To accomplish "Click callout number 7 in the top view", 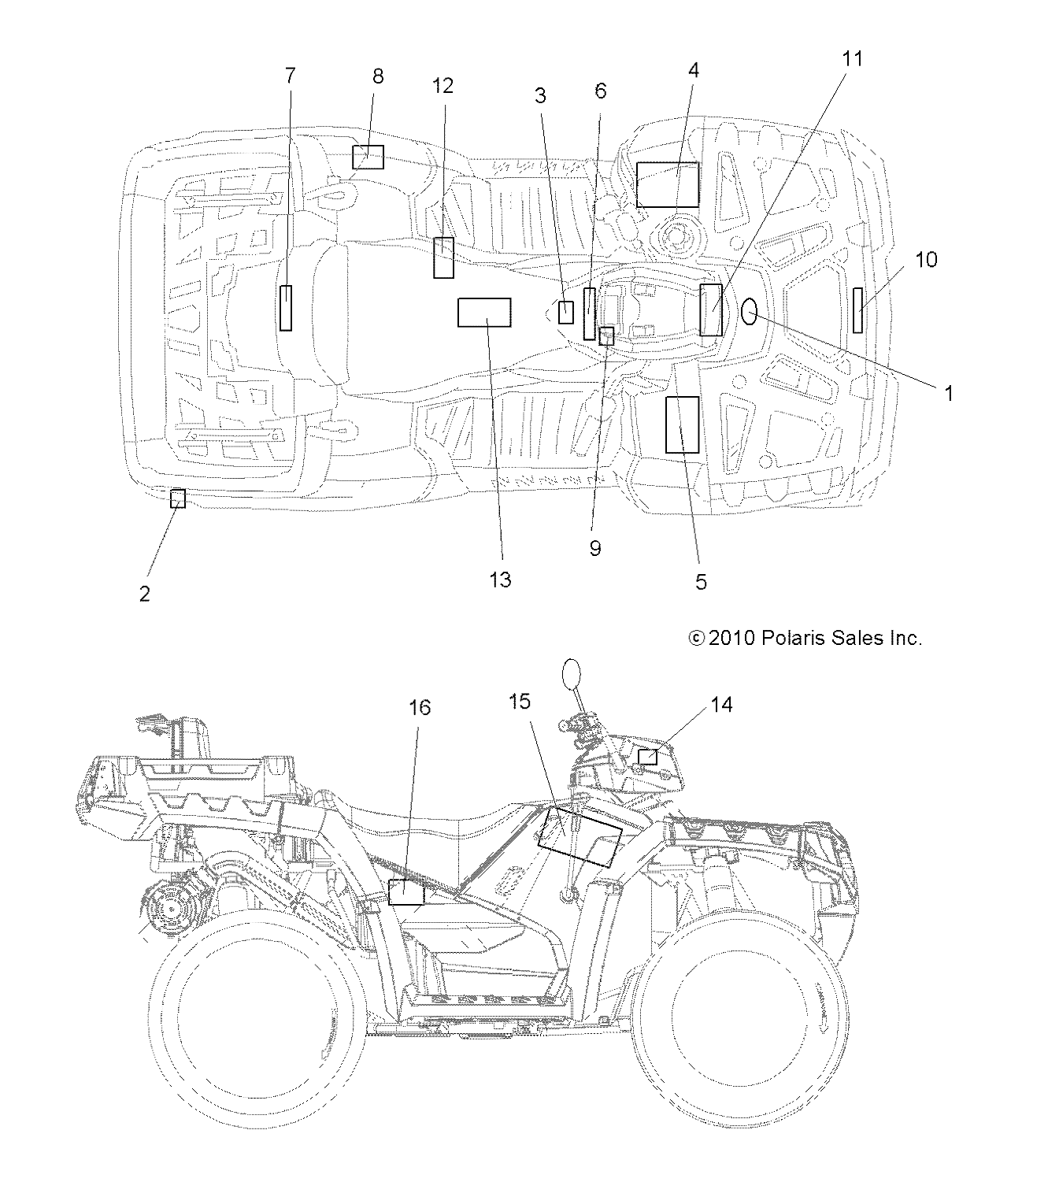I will pos(291,76).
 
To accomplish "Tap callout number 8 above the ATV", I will pos(378,76).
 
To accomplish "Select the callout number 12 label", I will pos(443,86).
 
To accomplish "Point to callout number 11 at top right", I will pos(853,59).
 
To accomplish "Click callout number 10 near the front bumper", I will pos(926,259).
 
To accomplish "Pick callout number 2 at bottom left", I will pos(145,594).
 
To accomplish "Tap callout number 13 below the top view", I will pos(500,580).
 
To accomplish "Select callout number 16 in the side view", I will pos(420,708).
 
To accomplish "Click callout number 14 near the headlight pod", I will pos(721,705).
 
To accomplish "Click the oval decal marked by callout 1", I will pos(750,312).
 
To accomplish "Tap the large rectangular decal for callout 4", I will pos(667,185).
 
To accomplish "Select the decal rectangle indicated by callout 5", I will pos(682,424).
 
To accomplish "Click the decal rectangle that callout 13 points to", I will pos(484,313).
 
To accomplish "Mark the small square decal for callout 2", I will pos(179,498).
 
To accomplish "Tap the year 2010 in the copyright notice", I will pos(731,638).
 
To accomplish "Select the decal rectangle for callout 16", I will pos(406,892).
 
